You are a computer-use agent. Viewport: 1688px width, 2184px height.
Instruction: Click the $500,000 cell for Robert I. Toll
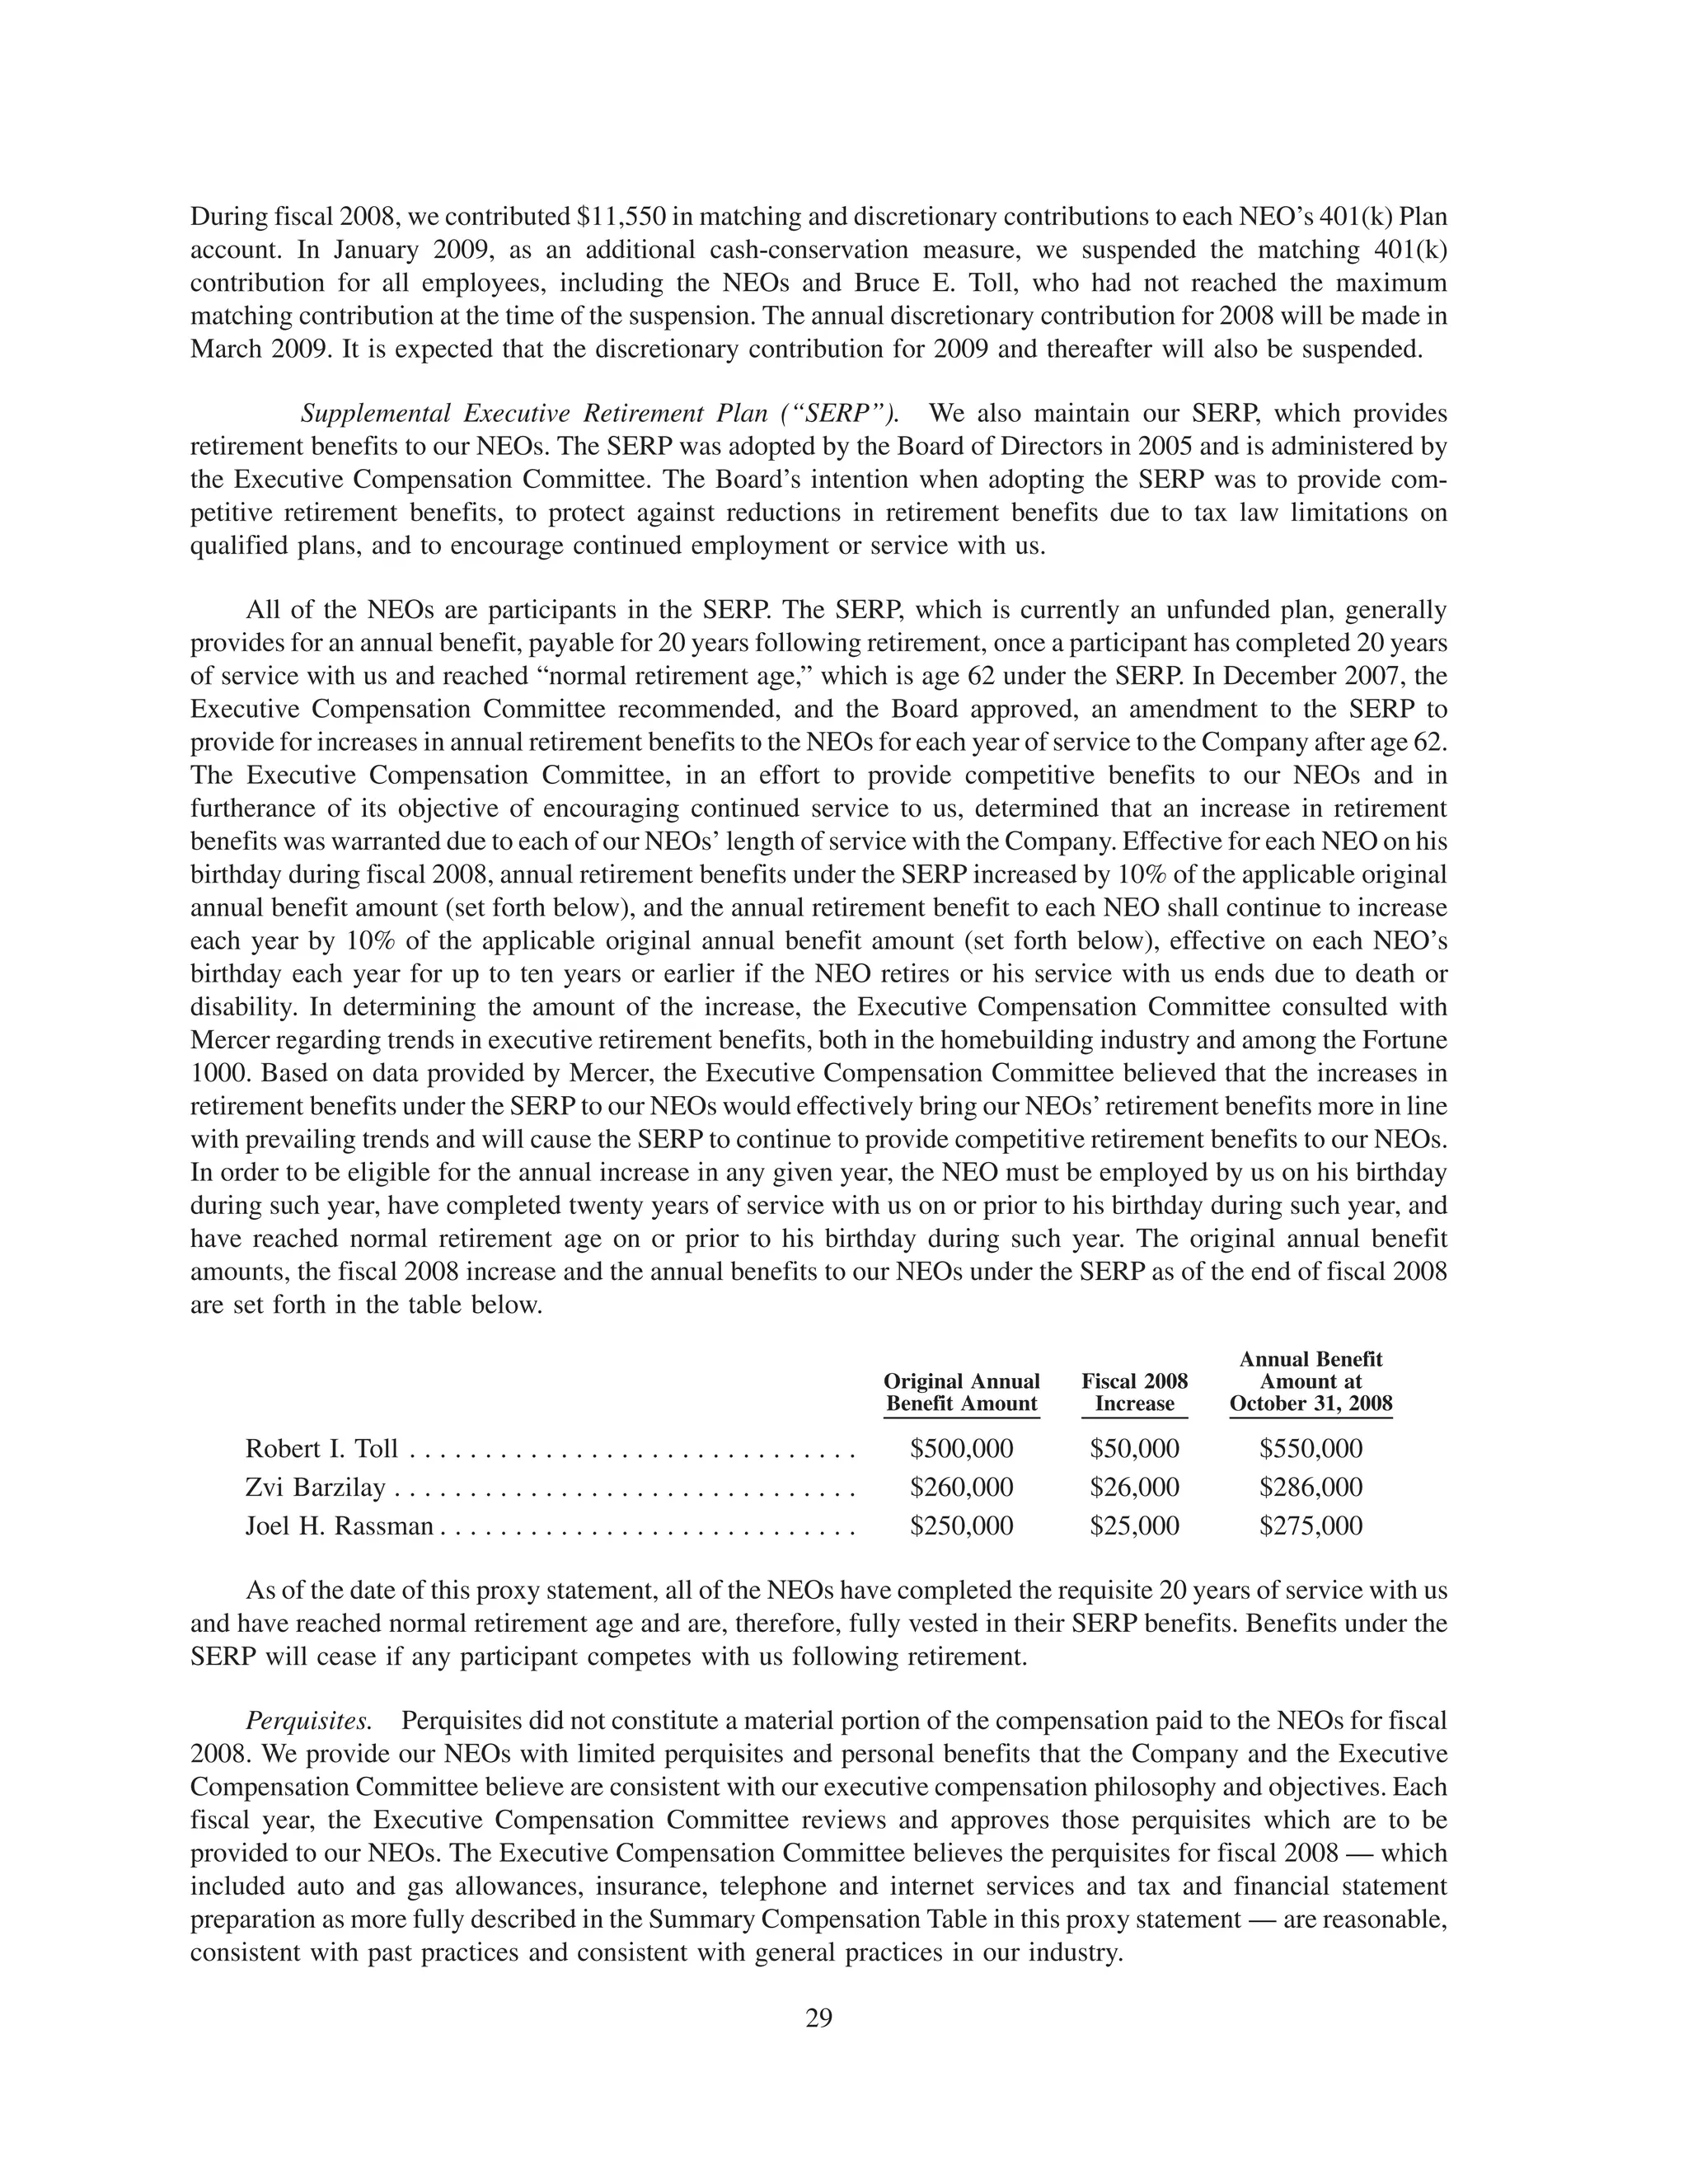(x=961, y=1448)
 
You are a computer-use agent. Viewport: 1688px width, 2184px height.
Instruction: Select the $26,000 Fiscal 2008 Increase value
(x=1134, y=1487)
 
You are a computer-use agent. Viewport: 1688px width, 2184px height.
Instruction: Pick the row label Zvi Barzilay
(x=315, y=1487)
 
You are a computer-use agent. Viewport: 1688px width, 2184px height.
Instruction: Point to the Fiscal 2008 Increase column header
(x=1134, y=1392)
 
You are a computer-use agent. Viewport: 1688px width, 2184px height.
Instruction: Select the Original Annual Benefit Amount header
(x=961, y=1392)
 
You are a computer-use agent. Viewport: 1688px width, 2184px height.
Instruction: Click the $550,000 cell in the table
(x=1310, y=1448)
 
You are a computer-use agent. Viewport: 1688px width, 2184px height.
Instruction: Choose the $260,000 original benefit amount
(x=961, y=1487)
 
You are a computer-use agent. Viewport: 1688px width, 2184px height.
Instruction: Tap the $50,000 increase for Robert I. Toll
(x=1134, y=1448)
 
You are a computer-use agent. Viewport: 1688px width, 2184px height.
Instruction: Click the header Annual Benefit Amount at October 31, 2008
(x=1310, y=1381)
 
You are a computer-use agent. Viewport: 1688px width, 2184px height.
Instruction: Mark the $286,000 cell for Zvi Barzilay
(x=1310, y=1487)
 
